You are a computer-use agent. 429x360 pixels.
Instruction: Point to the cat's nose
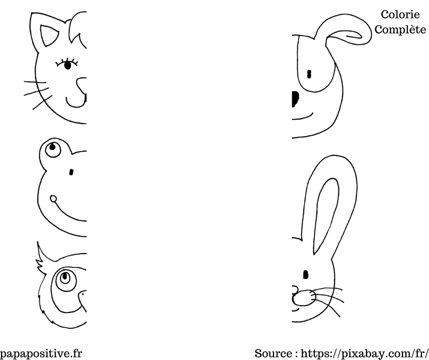point(82,85)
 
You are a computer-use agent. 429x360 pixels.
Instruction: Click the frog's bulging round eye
point(52,148)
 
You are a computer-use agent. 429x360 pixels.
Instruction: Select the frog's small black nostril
point(71,172)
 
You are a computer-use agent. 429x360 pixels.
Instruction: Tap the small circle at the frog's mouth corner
point(53,198)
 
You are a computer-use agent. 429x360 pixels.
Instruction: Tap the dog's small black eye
point(309,74)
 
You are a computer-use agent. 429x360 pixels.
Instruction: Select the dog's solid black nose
point(295,99)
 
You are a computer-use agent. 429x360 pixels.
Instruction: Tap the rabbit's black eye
point(306,274)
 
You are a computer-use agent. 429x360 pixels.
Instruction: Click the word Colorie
point(400,15)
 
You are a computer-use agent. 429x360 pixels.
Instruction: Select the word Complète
point(400,30)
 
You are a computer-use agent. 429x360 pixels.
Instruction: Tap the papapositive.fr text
point(41,353)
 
